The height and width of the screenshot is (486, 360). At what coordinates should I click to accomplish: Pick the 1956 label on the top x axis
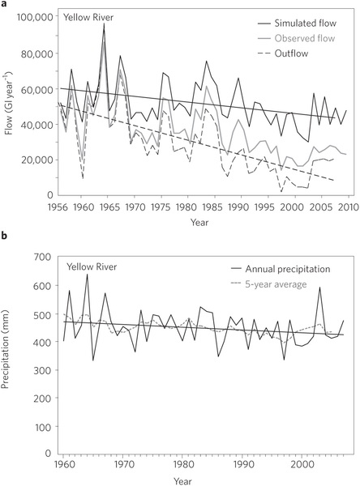(58, 207)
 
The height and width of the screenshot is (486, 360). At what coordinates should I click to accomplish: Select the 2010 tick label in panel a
(348, 207)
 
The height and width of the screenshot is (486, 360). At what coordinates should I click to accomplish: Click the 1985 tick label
(213, 207)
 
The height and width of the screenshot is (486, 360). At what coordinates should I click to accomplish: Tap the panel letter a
(3, 4)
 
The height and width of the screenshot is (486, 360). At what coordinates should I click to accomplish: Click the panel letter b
(3, 236)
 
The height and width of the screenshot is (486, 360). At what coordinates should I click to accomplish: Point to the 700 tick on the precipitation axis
(44, 257)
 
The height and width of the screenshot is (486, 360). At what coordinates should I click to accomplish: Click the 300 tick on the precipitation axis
(44, 370)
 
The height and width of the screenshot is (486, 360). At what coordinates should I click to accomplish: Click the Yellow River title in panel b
(92, 266)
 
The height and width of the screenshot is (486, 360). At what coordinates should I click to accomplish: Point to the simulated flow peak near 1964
(104, 23)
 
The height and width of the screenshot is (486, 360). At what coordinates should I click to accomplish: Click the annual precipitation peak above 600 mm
(87, 275)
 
